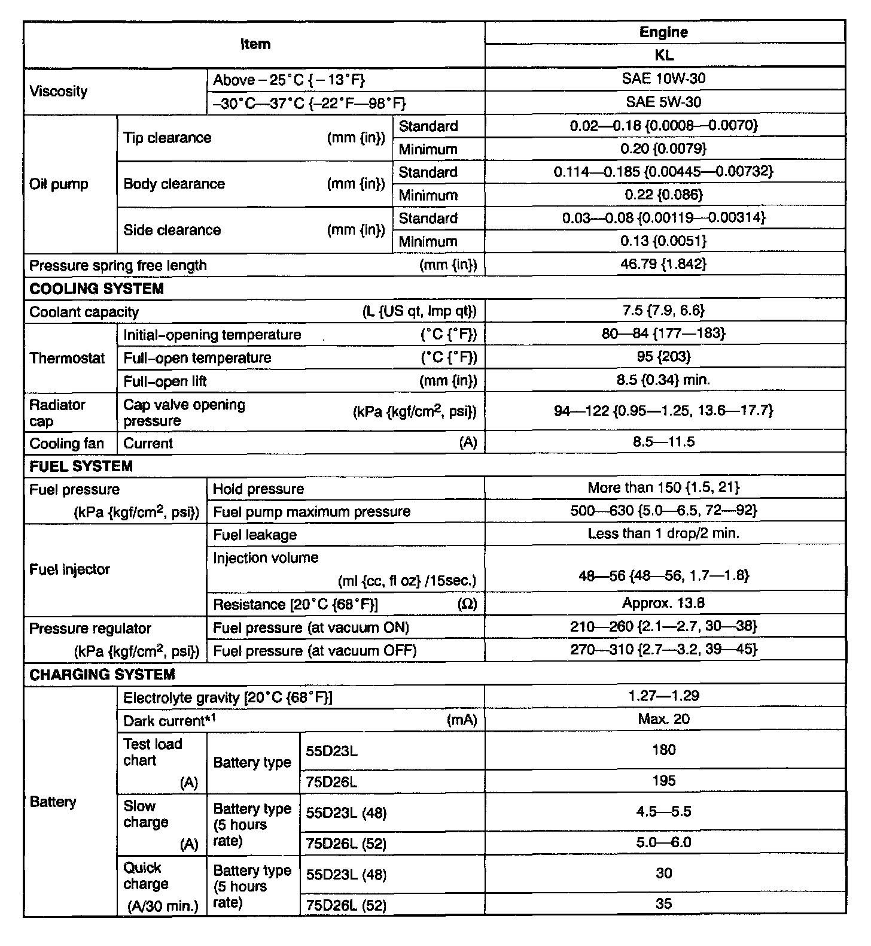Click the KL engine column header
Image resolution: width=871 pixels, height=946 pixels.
[x=664, y=55]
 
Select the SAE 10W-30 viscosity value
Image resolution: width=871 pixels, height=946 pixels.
[x=664, y=78]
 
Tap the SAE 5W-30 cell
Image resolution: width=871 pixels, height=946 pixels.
[x=664, y=102]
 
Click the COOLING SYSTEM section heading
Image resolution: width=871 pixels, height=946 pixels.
[x=96, y=289]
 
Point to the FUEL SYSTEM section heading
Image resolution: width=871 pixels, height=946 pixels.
[x=81, y=466]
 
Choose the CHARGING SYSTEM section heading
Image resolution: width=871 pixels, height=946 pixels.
[x=102, y=674]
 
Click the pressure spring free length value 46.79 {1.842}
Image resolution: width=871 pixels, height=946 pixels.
[x=664, y=264]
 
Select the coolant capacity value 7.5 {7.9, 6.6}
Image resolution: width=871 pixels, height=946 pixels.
[x=664, y=310]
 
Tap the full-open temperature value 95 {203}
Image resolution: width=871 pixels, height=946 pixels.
[x=664, y=357]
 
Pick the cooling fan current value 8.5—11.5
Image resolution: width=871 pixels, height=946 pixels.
[x=664, y=442]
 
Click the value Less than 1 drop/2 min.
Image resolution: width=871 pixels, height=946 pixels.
[x=664, y=533]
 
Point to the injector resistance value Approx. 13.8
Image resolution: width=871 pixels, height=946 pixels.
[x=664, y=603]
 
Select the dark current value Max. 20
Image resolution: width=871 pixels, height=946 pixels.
[x=664, y=719]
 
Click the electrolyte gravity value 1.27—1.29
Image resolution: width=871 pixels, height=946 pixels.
[x=664, y=696]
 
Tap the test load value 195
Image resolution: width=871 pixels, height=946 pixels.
[x=664, y=781]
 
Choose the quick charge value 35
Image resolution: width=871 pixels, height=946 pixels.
[x=664, y=904]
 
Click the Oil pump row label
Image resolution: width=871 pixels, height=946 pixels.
[x=59, y=184]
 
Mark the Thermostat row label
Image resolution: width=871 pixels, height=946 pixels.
[x=67, y=358]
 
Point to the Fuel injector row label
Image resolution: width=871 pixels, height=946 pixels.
[x=69, y=569]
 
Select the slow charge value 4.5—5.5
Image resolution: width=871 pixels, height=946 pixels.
[x=664, y=812]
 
